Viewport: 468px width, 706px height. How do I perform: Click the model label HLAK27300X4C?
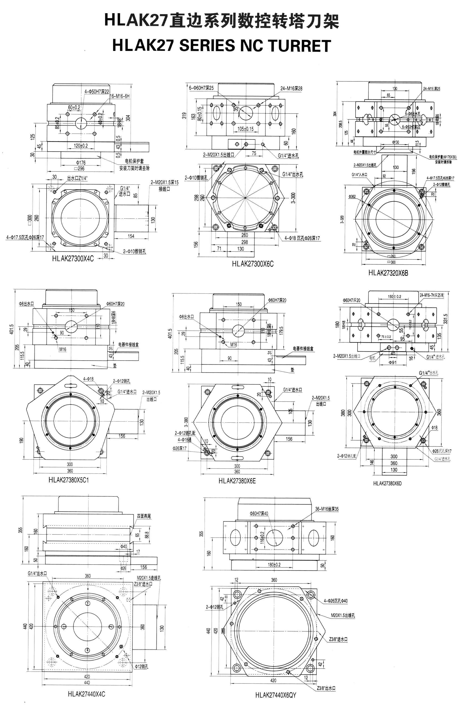pos(73,259)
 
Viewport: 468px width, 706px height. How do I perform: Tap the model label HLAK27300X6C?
pos(253,264)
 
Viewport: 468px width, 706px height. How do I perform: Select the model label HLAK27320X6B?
pos(388,273)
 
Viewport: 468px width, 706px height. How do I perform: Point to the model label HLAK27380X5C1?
pos(69,480)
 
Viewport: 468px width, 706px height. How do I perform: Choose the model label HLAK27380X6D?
pos(387,483)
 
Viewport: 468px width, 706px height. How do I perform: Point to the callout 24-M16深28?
pos(291,88)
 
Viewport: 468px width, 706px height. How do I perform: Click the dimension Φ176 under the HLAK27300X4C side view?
pos(81,162)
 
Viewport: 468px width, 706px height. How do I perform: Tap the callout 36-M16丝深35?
pos(327,509)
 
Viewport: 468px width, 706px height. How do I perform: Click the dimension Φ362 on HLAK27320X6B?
pos(352,197)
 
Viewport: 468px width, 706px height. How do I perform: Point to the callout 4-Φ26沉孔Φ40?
pos(335,601)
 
